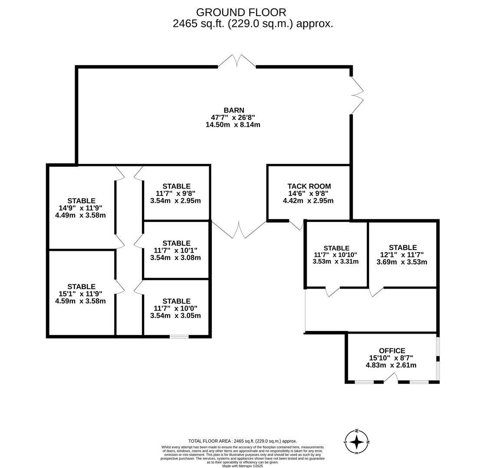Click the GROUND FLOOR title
241,13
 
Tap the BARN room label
234,110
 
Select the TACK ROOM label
309,186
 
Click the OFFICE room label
392,351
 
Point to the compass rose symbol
357,442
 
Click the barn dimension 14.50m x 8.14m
233,125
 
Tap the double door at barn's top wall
237,61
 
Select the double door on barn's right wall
357,95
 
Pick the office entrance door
390,378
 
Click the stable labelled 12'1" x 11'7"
402,255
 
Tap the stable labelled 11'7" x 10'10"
336,255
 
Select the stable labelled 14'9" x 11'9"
81,208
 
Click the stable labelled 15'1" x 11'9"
81,294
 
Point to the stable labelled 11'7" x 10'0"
176,308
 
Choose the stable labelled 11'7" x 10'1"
176,250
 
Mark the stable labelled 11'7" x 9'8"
176,194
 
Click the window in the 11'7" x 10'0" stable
179,336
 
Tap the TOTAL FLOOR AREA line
242,441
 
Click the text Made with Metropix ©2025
242,466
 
